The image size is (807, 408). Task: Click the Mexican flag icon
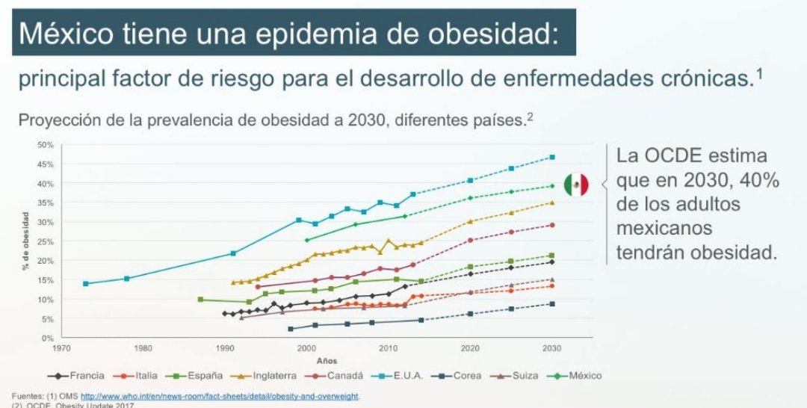575,184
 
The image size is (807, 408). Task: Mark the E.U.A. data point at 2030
552,157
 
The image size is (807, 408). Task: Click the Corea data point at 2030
552,303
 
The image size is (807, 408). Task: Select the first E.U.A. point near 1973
86,283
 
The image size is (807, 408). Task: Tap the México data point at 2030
552,186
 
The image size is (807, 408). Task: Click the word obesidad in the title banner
486,33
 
